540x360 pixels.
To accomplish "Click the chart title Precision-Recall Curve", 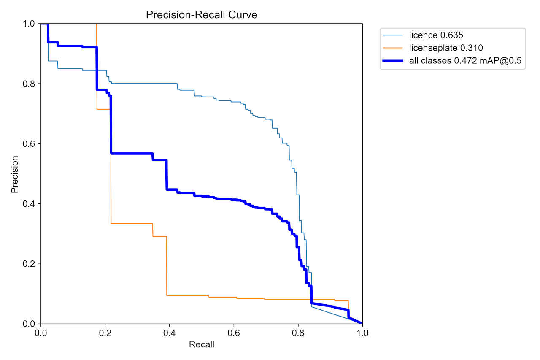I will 201,15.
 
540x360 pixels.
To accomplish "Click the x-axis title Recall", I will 201,345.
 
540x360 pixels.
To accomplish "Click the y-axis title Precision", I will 15,174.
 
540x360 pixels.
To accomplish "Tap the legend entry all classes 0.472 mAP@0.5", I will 465,61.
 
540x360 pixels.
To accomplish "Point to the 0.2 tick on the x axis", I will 105,333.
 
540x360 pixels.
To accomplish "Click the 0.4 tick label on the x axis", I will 169,333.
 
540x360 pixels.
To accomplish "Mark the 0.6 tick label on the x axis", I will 234,333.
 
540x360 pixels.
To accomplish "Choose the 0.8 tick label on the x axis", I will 298,333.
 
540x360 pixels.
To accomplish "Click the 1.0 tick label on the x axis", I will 362,333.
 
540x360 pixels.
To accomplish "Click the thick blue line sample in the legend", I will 393,61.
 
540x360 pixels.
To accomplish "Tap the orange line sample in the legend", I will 393,49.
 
